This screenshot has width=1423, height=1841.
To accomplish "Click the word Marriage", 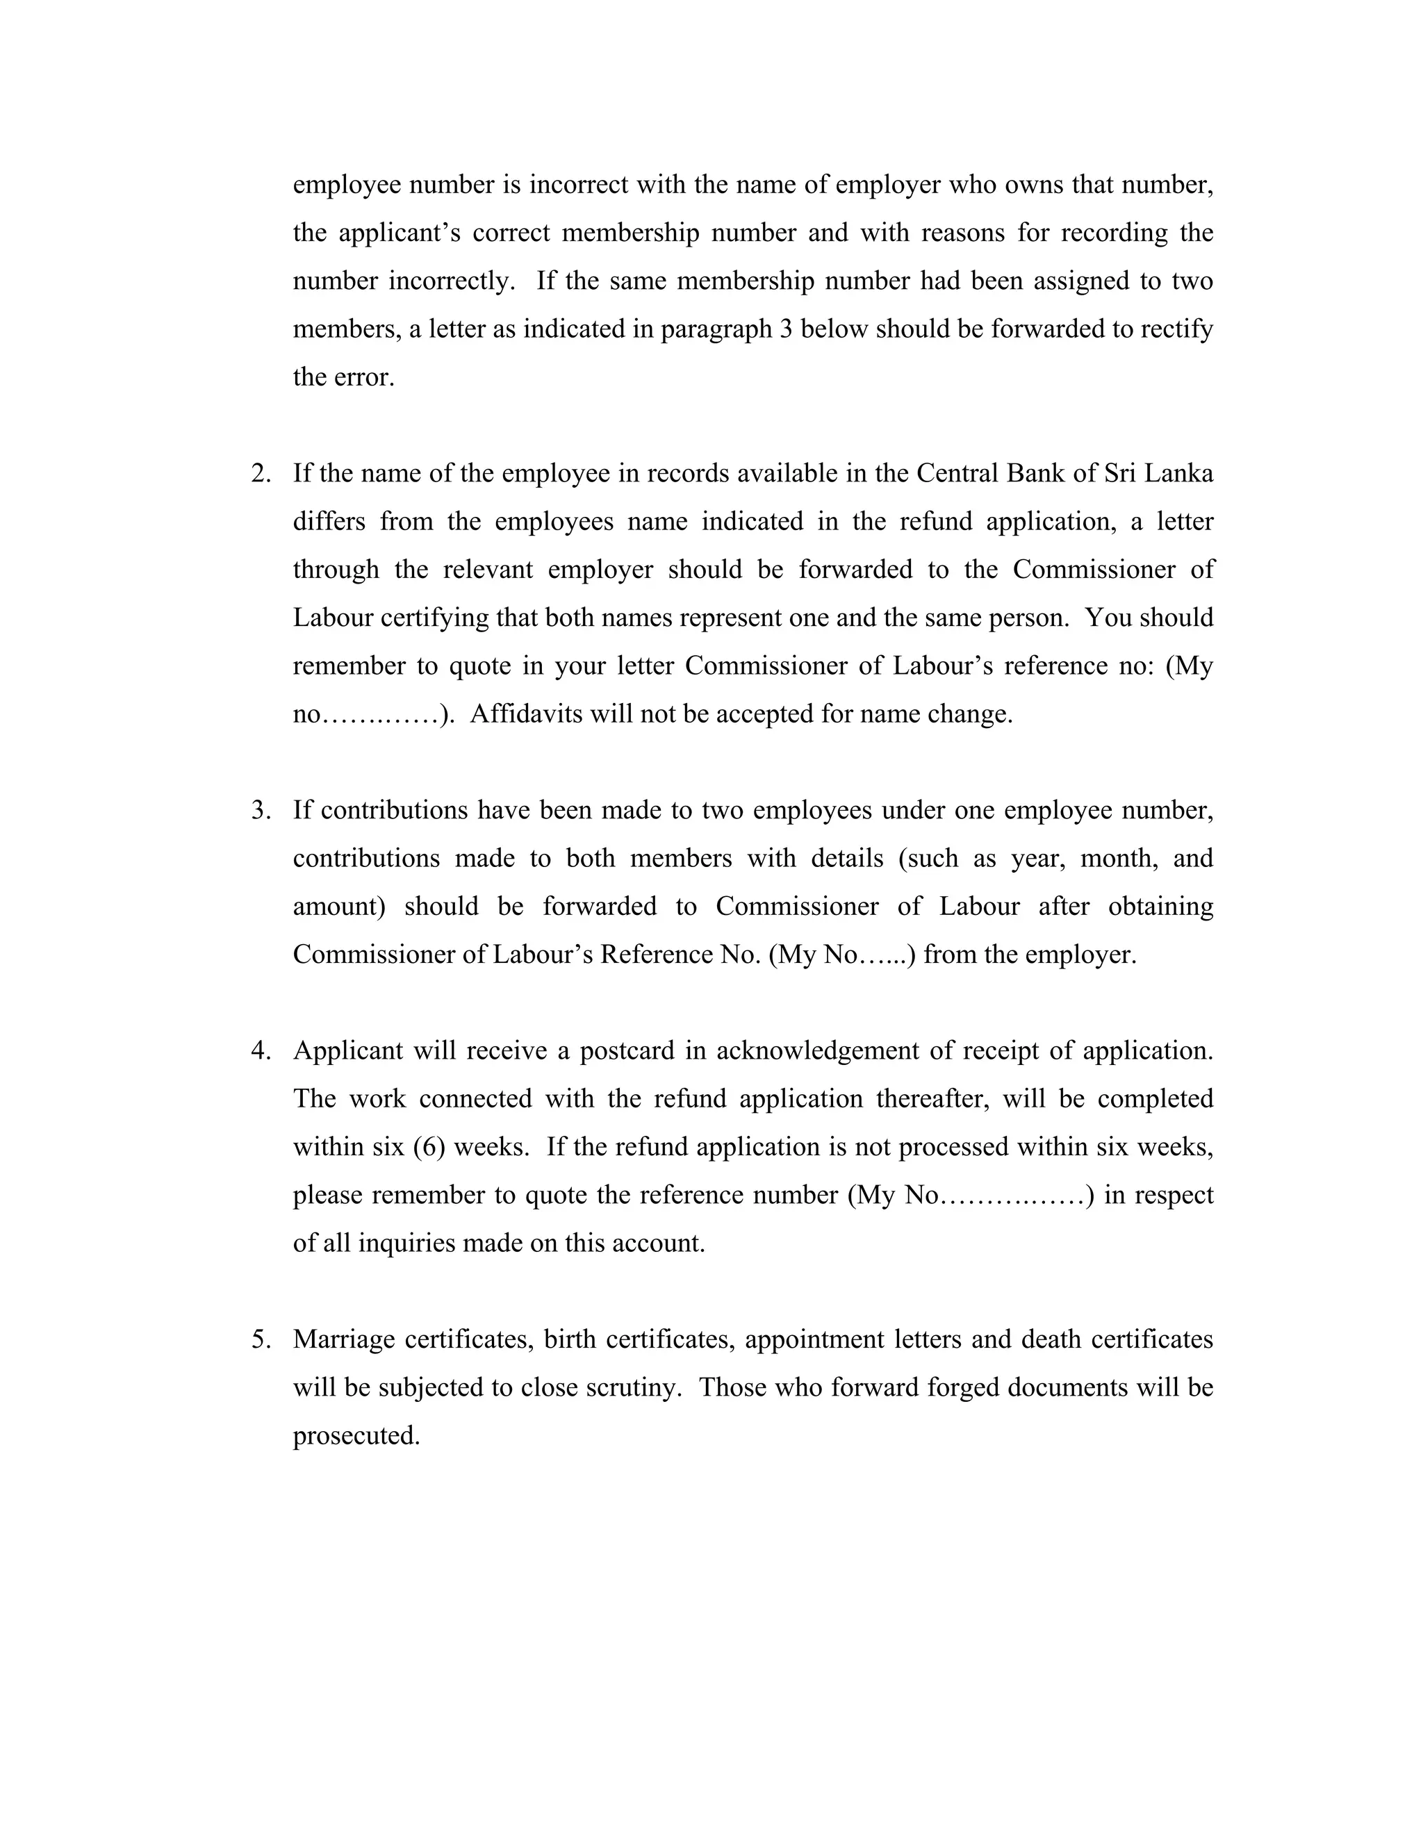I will [344, 1339].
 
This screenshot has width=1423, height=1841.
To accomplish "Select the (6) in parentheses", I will [429, 1147].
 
